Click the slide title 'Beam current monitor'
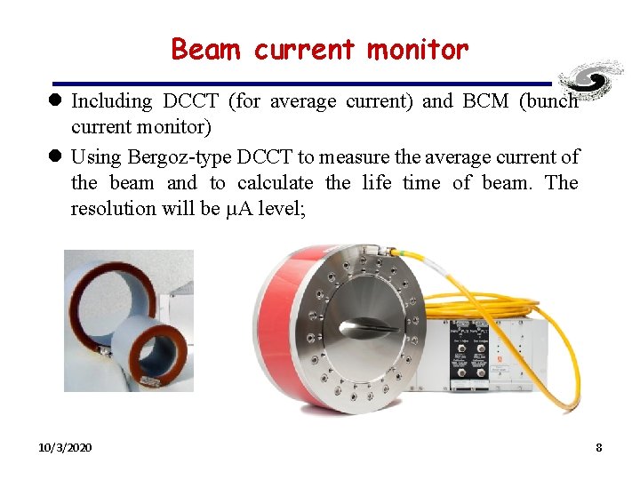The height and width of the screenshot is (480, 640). point(319,49)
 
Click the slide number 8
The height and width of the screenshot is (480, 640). point(598,447)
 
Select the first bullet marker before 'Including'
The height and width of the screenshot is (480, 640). point(56,102)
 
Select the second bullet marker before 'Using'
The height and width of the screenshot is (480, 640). point(56,158)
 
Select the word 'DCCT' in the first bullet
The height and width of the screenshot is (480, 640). point(195,101)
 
